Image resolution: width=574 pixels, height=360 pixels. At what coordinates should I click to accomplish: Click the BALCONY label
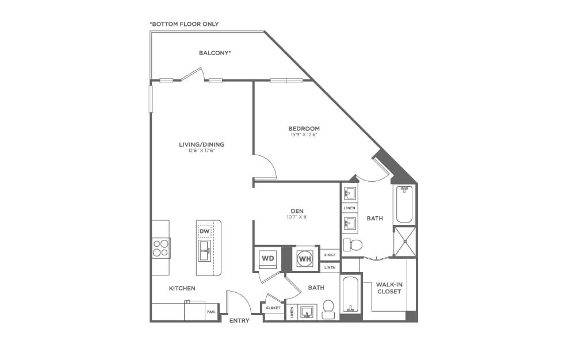[x=215, y=53]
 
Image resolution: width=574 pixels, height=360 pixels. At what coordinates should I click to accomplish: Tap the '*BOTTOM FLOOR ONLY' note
[x=184, y=24]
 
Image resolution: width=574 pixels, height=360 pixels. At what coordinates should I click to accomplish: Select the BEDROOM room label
[x=304, y=129]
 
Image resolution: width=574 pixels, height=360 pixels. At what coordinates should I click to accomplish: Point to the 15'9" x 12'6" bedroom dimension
[x=304, y=135]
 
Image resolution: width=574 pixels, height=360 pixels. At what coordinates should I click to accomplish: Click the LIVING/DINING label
[x=201, y=144]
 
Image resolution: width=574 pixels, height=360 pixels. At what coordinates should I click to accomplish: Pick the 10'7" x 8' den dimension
[x=297, y=217]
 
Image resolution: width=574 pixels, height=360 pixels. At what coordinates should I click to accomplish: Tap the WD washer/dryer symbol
[x=268, y=258]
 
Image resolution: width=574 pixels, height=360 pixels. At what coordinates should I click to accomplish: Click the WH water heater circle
[x=304, y=259]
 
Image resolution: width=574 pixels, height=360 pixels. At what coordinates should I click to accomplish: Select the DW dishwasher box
[x=204, y=232]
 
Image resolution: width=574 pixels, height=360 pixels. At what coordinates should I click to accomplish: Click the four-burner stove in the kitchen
[x=161, y=248]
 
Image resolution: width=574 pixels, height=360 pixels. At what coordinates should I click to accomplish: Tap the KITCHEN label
[x=182, y=288]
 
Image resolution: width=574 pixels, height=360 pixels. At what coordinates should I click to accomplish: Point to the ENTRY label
[x=239, y=320]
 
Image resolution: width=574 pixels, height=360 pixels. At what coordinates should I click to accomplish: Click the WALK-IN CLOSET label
[x=389, y=288]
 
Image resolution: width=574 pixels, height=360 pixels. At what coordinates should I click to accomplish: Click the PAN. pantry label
[x=211, y=312]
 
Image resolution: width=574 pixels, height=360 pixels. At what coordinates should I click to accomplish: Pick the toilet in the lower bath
[x=328, y=308]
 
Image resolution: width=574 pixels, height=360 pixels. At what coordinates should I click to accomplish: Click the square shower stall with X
[x=405, y=241]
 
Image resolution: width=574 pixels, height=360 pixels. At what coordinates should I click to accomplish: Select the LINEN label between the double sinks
[x=349, y=208]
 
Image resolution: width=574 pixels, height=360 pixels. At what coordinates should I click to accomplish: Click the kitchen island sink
[x=204, y=250]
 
